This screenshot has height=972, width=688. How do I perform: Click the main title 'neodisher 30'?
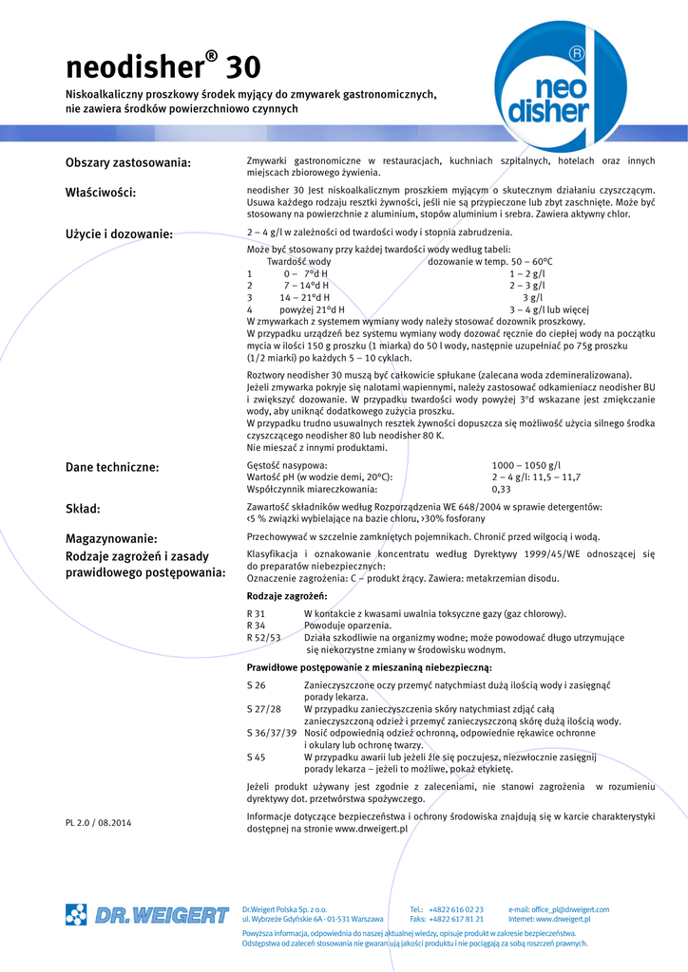[x=162, y=68]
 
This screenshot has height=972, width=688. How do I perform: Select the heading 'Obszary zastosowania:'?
[x=128, y=162]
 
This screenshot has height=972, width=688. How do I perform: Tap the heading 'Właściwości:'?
[x=101, y=193]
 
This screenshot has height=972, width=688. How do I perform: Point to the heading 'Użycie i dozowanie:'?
[x=119, y=234]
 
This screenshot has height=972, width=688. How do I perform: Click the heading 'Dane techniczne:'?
[x=112, y=467]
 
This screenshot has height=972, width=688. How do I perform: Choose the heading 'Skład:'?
[x=83, y=509]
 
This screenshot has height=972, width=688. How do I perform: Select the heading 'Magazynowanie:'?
[x=111, y=538]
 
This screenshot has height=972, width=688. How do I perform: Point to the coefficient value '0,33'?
[x=501, y=490]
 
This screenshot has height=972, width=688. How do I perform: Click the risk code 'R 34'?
[x=256, y=626]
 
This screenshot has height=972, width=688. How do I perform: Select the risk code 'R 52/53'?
[x=263, y=638]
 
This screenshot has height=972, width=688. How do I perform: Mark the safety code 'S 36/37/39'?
[x=272, y=734]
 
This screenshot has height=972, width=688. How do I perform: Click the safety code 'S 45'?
[x=256, y=757]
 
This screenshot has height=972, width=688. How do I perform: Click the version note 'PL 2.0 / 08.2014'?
[x=99, y=822]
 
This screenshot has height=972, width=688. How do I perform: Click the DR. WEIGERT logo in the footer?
[x=147, y=915]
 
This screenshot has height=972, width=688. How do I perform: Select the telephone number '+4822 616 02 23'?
[x=460, y=909]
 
